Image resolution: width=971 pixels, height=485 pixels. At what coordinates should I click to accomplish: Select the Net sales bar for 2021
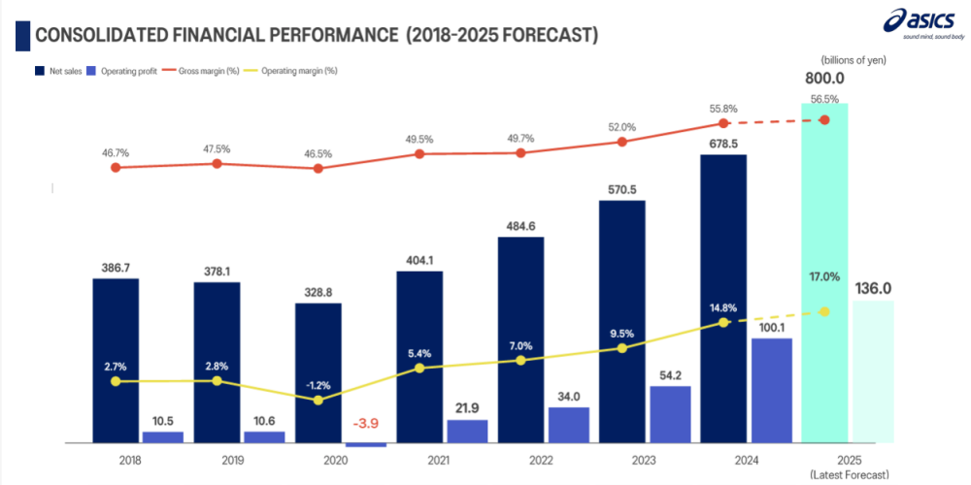[x=419, y=357]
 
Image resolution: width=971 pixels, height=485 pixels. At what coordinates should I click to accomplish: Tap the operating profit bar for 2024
[x=772, y=391]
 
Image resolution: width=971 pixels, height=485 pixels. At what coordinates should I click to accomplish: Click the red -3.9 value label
[x=366, y=424]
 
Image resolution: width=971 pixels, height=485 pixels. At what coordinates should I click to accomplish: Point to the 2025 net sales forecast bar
[x=824, y=272]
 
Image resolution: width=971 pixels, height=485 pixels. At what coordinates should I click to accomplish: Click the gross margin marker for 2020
[x=318, y=168]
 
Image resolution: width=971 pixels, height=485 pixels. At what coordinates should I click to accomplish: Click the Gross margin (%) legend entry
[x=210, y=71]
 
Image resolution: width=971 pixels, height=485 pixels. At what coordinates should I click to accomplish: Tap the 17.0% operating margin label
[x=824, y=276]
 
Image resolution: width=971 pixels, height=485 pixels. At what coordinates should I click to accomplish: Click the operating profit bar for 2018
[x=162, y=437]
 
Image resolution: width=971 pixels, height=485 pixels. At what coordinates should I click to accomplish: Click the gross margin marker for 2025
[x=824, y=119]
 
